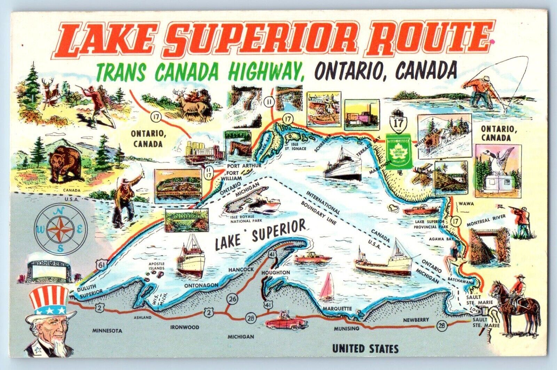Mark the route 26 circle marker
231,299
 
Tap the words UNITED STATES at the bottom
365,348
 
